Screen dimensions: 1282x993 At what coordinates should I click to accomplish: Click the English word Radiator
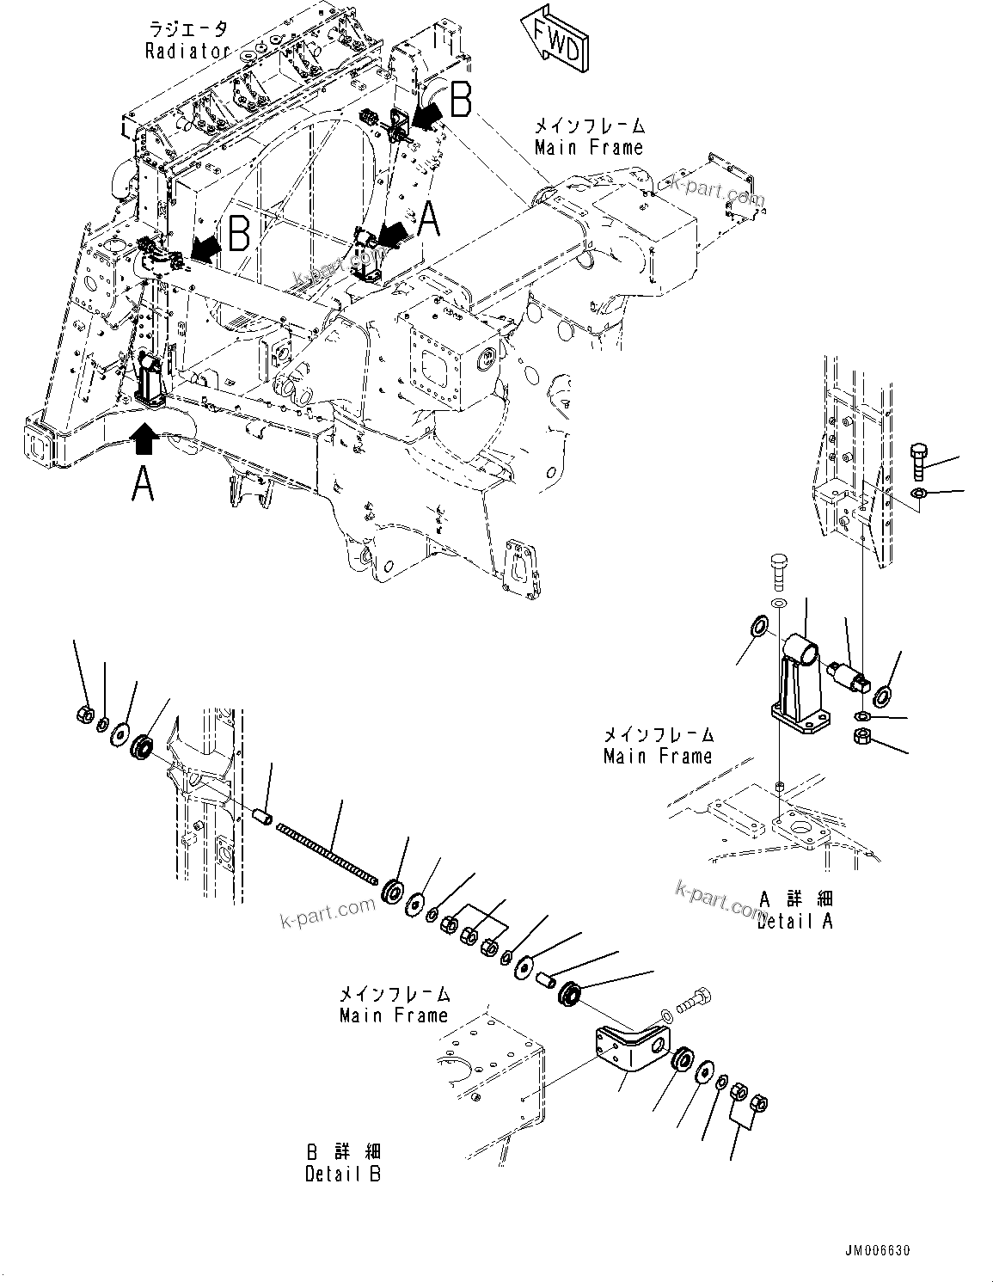(187, 51)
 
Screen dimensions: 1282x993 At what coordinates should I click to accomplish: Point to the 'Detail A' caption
(795, 921)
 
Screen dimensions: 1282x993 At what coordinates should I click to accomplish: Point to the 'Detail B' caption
(343, 1173)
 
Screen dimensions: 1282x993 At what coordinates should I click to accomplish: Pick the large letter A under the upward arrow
(143, 482)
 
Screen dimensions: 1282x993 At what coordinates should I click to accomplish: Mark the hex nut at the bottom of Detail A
(862, 736)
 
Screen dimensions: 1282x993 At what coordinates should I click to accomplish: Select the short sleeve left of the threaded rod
(266, 813)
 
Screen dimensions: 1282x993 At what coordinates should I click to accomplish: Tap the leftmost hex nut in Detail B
(86, 713)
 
